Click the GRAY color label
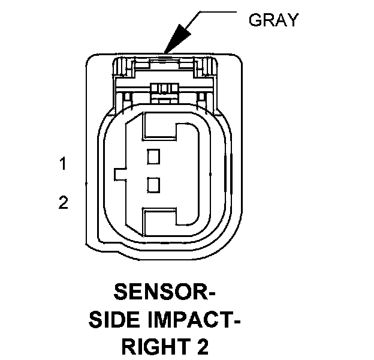tap(273, 20)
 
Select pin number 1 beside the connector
tap(62, 163)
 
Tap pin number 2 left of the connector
tap(63, 202)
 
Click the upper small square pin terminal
tap(154, 157)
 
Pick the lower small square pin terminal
tap(154, 185)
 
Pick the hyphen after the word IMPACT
tap(236, 322)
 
